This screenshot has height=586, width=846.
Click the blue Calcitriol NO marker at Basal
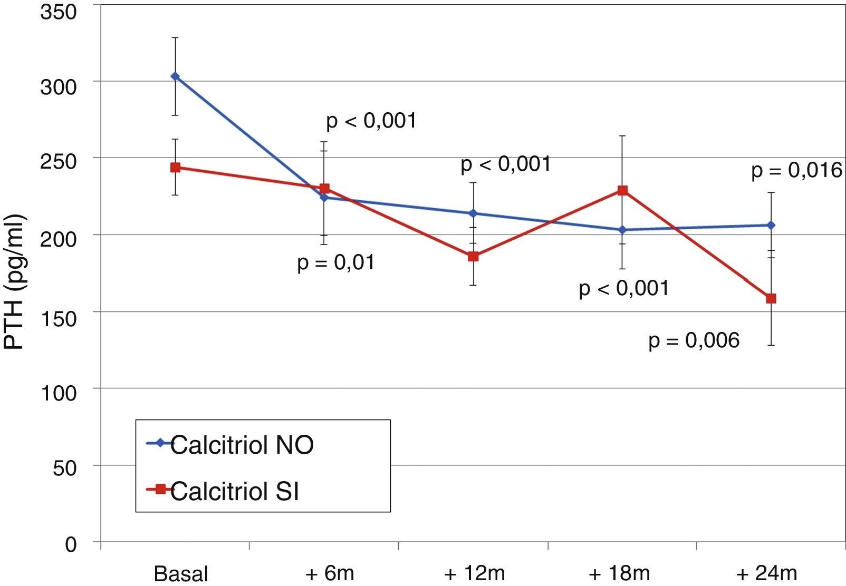coord(175,76)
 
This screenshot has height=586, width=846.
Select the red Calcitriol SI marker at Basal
coord(175,168)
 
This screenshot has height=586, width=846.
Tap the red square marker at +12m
coord(473,257)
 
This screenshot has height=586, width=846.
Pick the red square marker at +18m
coord(622,190)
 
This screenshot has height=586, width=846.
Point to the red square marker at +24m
coord(771,299)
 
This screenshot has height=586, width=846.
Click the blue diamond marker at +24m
coord(771,225)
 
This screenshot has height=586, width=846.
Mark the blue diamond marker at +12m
coord(473,213)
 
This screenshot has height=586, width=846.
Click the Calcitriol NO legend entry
coord(242,445)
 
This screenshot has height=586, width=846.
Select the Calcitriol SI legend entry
coord(234,491)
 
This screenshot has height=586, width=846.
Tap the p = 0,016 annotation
coord(796,170)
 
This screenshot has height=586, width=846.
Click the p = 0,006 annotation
coord(694,340)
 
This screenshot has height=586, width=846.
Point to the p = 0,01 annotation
coord(336,262)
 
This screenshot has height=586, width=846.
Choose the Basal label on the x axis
coord(181,573)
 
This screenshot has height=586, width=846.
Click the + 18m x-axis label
coord(619,573)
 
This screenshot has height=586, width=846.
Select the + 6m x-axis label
coord(330,573)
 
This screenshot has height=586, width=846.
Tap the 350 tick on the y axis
coord(58,12)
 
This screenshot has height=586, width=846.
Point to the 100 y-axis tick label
coord(58,393)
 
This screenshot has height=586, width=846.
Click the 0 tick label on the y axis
coord(71,544)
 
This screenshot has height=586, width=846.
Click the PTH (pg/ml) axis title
coord(14,282)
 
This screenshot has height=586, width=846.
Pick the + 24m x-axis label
coord(767,573)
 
